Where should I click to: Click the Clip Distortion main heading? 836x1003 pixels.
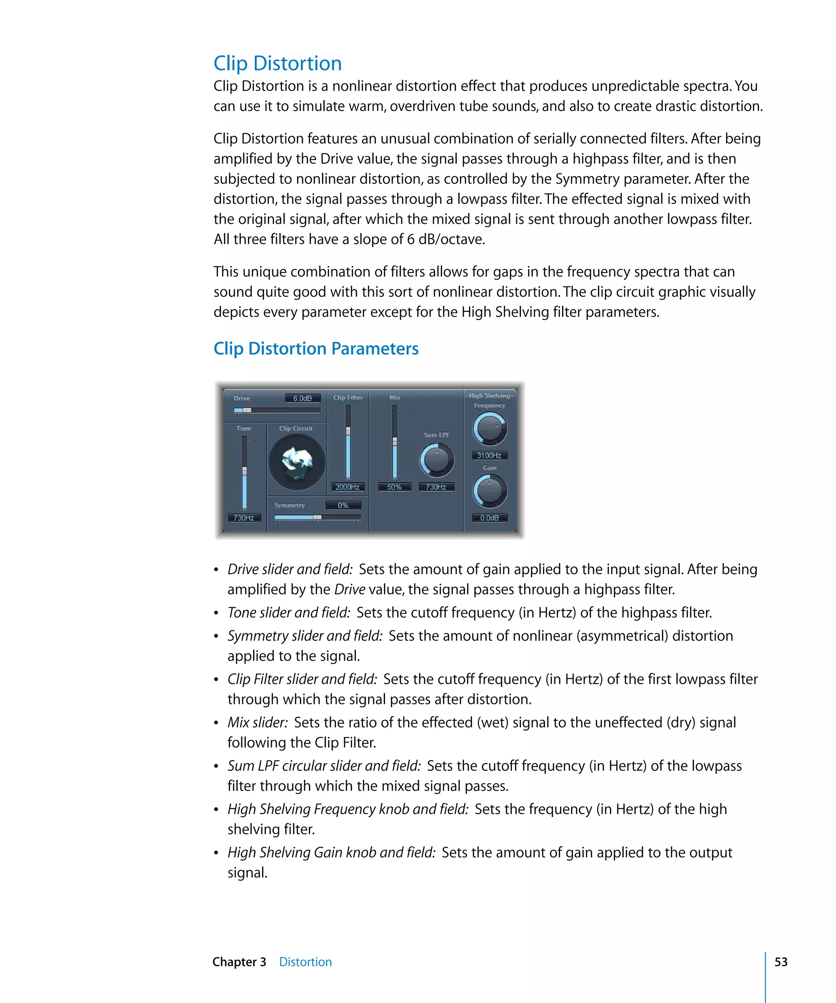coord(277,64)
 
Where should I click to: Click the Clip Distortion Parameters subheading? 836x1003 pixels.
coord(316,348)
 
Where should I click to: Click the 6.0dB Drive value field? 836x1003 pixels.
coord(302,398)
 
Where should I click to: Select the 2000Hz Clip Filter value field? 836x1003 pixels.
coord(347,487)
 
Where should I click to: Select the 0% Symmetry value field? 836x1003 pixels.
coord(343,505)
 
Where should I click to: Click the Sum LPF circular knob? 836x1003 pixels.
coord(437,460)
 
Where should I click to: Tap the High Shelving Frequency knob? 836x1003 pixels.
coord(490,428)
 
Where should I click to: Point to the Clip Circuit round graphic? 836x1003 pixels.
coord(297,462)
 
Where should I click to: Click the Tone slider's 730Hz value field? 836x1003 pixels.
coord(244,518)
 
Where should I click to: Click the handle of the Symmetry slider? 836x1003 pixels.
coord(317,517)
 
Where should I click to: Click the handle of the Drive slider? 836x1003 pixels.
coord(247,410)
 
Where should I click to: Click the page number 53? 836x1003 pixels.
coord(780,962)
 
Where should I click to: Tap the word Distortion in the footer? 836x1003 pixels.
coord(305,962)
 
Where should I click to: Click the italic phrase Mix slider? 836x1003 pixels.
coord(258,723)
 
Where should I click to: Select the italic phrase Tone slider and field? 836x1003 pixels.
coord(289,613)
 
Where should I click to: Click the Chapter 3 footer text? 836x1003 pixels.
coord(239,962)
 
